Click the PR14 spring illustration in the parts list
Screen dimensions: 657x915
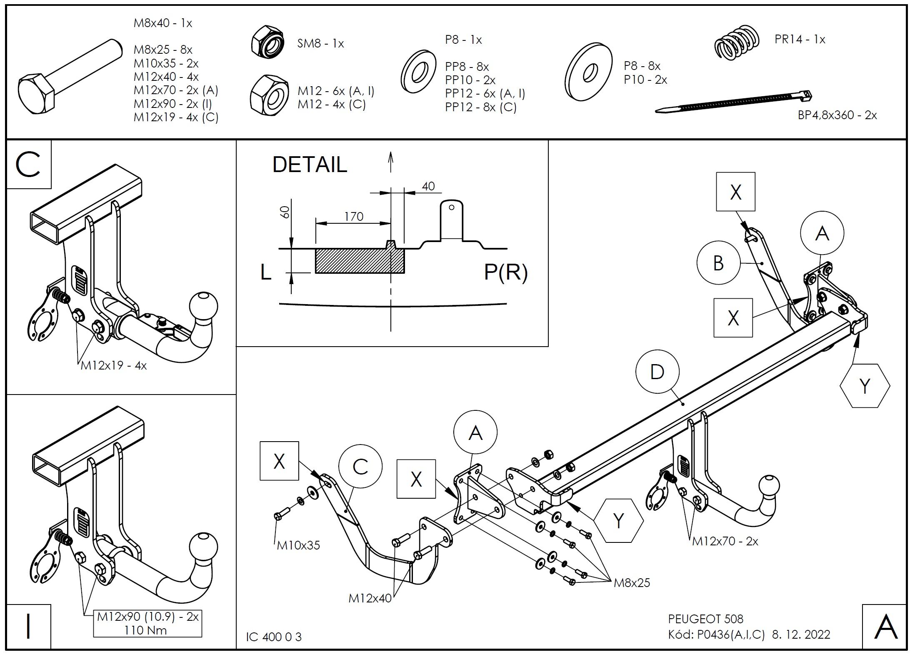(736, 42)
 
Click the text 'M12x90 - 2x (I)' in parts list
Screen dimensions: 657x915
(173, 104)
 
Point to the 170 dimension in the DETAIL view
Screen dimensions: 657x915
(353, 217)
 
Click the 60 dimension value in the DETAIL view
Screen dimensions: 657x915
(285, 212)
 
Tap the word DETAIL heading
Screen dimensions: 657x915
(310, 165)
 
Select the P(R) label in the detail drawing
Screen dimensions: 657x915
(505, 272)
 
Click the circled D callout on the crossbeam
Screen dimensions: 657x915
(657, 372)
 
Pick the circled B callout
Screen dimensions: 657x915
(718, 263)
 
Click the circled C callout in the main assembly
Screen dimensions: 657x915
(360, 467)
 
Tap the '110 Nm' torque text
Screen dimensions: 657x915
(145, 630)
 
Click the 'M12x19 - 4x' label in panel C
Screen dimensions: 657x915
(114, 366)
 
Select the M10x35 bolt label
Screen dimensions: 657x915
(298, 545)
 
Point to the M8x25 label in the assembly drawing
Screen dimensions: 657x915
(632, 583)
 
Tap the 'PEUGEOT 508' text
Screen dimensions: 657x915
(706, 619)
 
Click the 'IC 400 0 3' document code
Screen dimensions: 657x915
(274, 637)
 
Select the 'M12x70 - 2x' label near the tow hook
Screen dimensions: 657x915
(725, 542)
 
